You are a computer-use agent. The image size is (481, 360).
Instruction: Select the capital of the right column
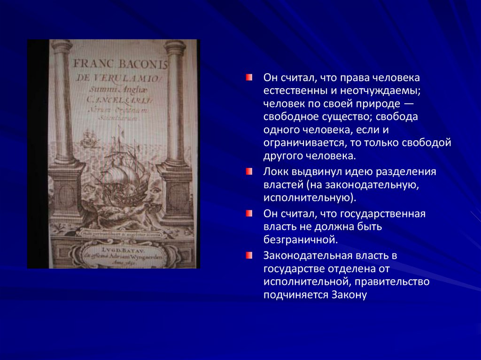pos(174,46)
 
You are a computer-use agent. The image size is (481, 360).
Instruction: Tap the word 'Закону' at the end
pos(349,295)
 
